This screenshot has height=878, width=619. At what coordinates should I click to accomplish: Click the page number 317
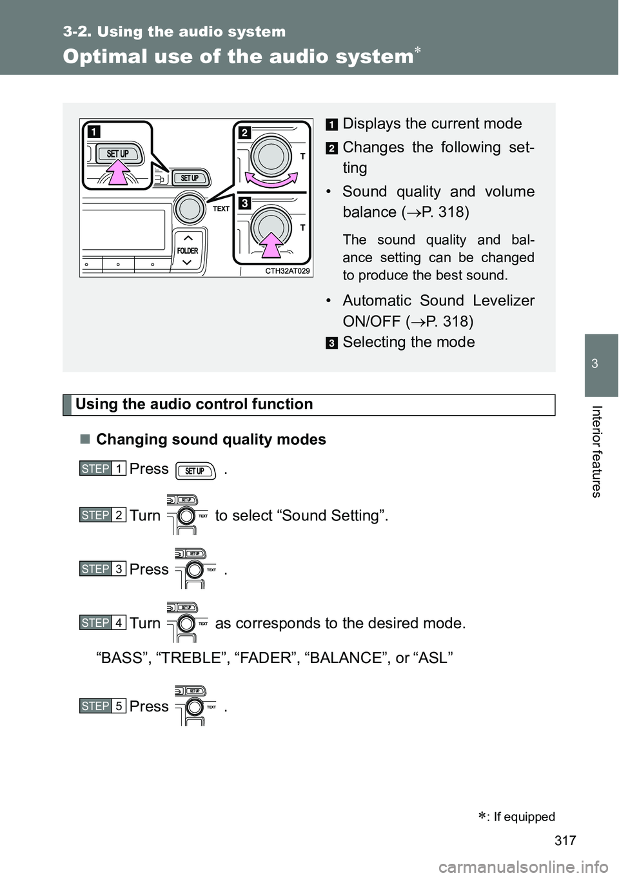point(565,840)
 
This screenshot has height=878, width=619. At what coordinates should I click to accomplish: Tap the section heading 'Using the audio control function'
point(194,405)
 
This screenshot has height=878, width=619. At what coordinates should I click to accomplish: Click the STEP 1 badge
point(102,469)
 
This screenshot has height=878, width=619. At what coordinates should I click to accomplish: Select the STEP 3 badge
point(102,569)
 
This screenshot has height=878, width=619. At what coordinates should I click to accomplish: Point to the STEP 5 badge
point(102,706)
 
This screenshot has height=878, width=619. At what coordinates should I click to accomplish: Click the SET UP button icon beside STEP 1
point(195,471)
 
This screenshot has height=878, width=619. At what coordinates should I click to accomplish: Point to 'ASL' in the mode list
point(435,658)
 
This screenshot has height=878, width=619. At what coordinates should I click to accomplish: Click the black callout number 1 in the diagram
point(94,132)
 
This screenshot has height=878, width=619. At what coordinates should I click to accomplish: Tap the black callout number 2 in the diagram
point(244,132)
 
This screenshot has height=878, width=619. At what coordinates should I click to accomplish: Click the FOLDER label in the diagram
point(188,250)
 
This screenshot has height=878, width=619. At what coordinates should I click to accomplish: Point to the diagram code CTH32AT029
point(288,271)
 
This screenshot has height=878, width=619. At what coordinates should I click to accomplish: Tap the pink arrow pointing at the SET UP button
point(119,174)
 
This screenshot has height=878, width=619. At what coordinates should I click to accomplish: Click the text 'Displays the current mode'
point(432,124)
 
